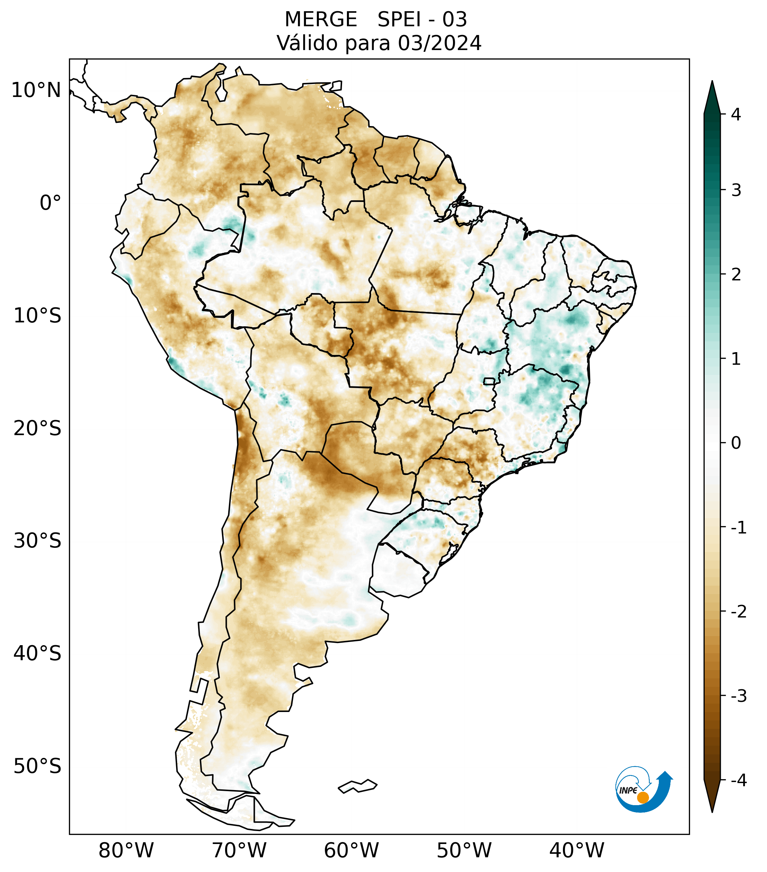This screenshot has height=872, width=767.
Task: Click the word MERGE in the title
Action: pos(320,20)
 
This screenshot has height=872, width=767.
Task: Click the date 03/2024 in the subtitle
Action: pos(439,43)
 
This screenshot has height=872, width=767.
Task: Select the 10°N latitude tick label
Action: pos(36,90)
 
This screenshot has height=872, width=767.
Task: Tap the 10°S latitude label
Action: pos(37,316)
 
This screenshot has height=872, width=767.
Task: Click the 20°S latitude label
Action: pos(37,428)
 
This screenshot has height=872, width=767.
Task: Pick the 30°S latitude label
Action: pos(37,541)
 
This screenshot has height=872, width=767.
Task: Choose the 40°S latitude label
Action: pos(37,654)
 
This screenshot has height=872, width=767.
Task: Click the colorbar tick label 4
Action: pos(736,114)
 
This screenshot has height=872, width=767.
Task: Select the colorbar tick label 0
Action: pos(736,443)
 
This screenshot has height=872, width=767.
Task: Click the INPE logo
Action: pos(643,790)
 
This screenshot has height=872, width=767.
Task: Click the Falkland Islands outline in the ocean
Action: pos(357,786)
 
